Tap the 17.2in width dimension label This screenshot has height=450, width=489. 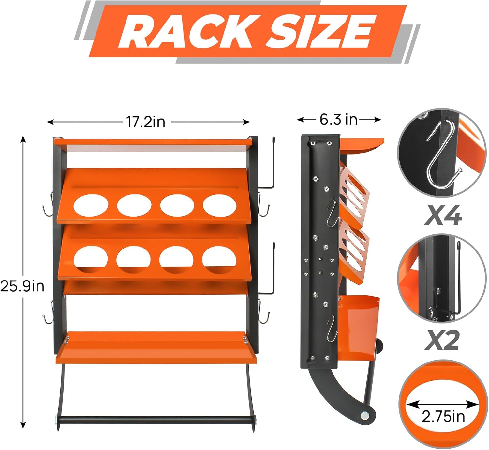(146, 122)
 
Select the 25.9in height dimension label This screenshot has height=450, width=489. (22, 286)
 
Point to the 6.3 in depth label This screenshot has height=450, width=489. (338, 120)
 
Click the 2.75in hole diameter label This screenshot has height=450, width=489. (443, 417)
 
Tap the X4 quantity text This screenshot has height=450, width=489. (443, 215)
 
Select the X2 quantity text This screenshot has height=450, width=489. (442, 340)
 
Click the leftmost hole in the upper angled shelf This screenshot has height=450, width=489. (91, 205)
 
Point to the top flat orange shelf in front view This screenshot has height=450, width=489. (153, 142)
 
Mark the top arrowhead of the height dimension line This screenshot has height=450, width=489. (23, 138)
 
